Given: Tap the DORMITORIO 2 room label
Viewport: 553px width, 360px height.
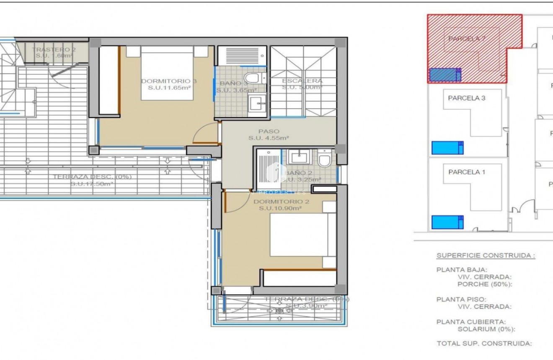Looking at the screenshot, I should [281, 202].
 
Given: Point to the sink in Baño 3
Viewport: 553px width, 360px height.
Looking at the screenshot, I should [256, 102].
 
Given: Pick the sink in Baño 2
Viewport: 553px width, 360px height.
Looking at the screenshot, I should [299, 157].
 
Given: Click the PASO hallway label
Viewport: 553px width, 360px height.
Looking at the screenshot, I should [269, 132].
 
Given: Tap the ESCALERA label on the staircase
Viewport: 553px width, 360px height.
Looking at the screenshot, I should [302, 81].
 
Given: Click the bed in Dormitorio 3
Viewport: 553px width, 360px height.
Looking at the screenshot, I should [167, 73].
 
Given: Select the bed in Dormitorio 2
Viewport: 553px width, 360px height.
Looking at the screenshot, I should [303, 235].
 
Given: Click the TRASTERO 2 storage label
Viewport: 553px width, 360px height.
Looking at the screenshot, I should [54, 50].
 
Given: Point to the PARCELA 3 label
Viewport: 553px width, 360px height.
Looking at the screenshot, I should [467, 98].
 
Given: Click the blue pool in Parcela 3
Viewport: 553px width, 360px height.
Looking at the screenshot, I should [447, 148].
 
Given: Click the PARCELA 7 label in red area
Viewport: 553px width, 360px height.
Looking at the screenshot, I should [467, 39].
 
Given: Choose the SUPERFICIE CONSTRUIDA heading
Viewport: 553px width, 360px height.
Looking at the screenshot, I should [486, 255].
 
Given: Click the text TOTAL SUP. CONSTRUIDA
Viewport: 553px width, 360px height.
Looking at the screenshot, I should [484, 344].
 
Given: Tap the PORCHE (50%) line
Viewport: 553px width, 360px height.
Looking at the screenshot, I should [485, 284].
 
